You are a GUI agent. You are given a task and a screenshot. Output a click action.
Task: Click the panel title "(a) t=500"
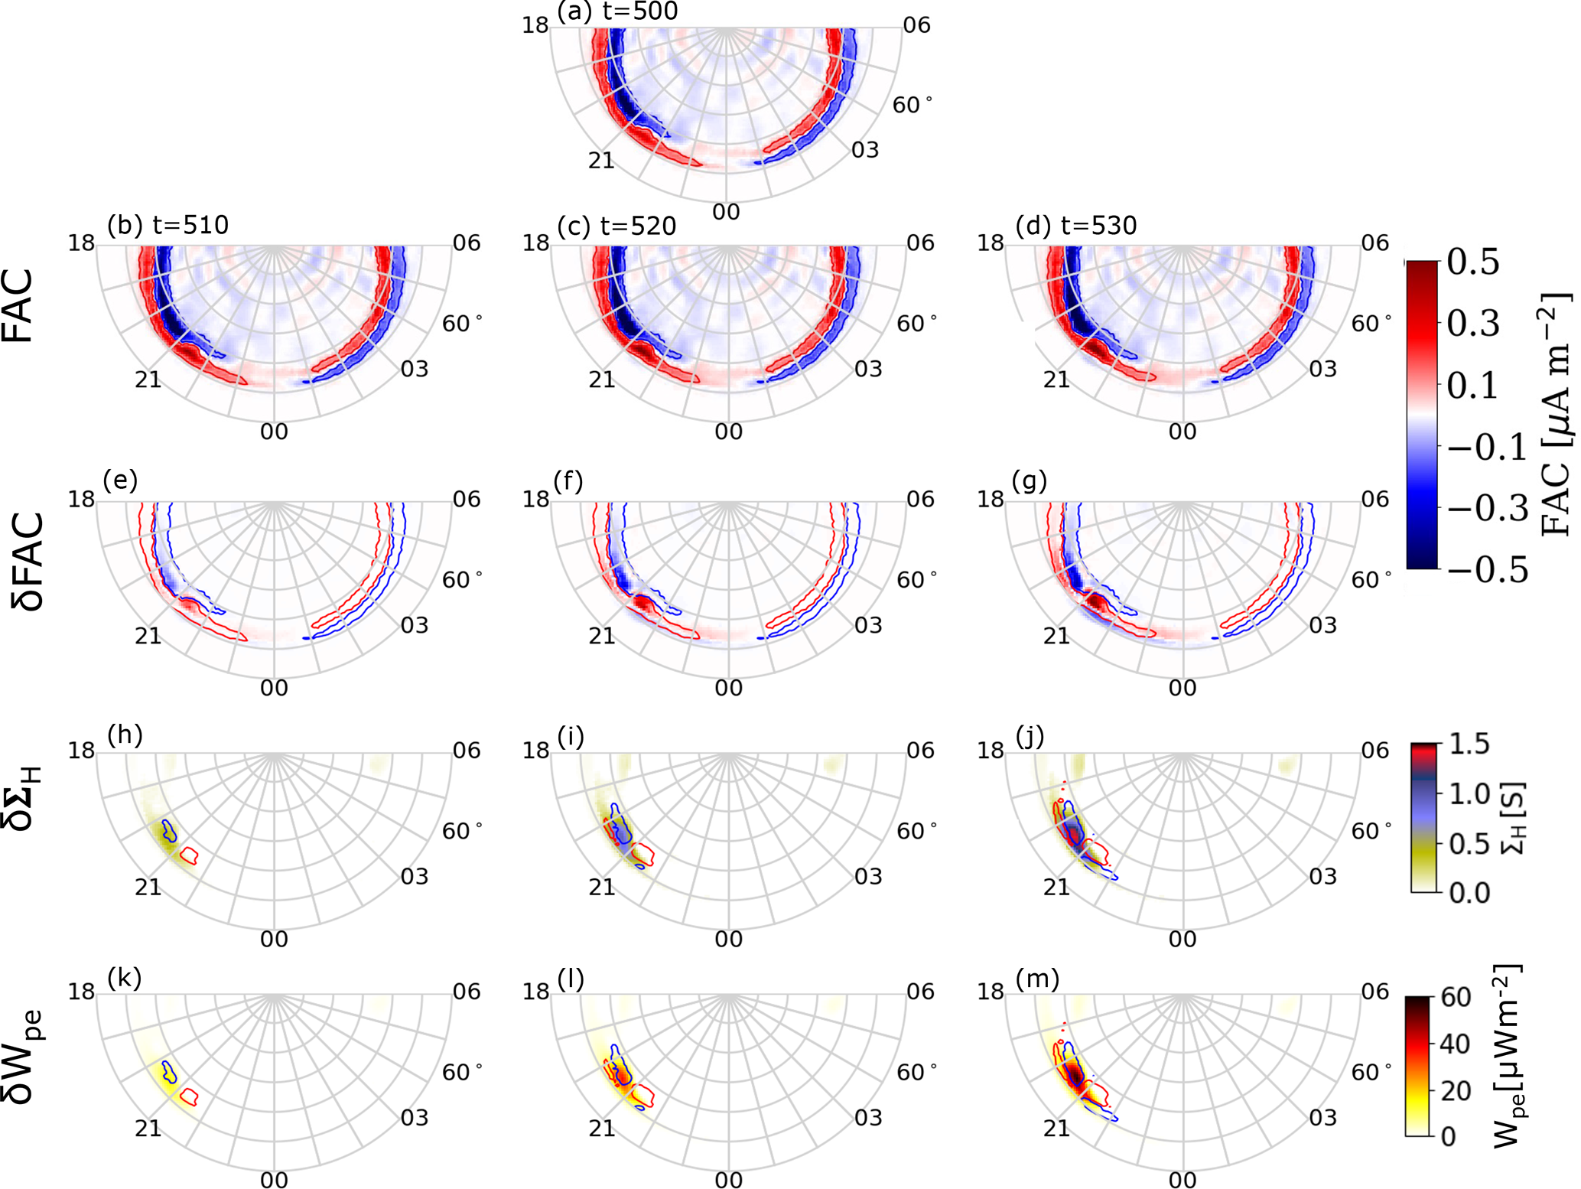pyautogui.click(x=617, y=11)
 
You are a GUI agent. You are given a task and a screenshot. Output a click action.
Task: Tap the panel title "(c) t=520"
pyautogui.click(x=617, y=226)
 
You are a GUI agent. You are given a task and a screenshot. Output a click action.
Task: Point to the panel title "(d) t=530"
pyautogui.click(x=1075, y=226)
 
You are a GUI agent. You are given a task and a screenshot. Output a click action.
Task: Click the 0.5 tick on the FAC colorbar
pyautogui.click(x=1472, y=262)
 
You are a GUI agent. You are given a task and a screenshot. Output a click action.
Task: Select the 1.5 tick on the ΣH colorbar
pyautogui.click(x=1469, y=743)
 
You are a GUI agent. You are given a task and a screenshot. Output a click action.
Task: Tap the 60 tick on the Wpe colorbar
pyautogui.click(x=1455, y=997)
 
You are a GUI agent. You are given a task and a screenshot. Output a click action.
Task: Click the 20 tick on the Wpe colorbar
pyautogui.click(x=1455, y=1090)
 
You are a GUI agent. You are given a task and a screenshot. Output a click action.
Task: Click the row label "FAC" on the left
pyautogui.click(x=19, y=306)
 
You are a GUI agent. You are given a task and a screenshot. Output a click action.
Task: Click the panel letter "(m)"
pyautogui.click(x=1036, y=978)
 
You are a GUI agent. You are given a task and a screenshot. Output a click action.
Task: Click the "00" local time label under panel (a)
pyautogui.click(x=726, y=212)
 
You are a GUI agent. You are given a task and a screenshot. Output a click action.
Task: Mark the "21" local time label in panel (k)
pyautogui.click(x=148, y=1128)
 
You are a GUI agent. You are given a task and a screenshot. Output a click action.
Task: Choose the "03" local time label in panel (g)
pyautogui.click(x=1322, y=625)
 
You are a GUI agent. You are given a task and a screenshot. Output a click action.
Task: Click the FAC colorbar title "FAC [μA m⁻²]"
pyautogui.click(x=1553, y=413)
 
